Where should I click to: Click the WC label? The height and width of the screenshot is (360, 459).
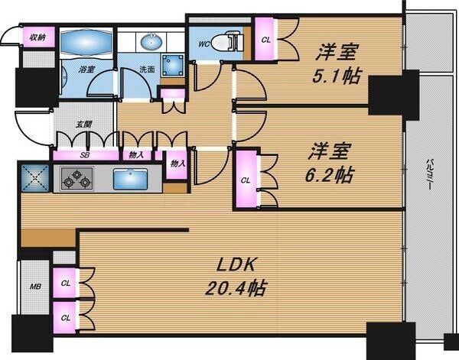[x=204, y=44]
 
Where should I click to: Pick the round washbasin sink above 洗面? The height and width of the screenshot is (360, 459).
[x=148, y=41]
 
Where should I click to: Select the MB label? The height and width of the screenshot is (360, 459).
[x=34, y=287]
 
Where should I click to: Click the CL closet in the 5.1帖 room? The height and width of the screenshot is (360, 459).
[x=265, y=39]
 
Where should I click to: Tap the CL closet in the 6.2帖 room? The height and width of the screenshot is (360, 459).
[x=246, y=180]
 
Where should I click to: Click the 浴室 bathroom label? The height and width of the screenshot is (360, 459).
[x=86, y=70]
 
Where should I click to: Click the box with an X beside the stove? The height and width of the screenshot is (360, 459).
[x=34, y=179]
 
